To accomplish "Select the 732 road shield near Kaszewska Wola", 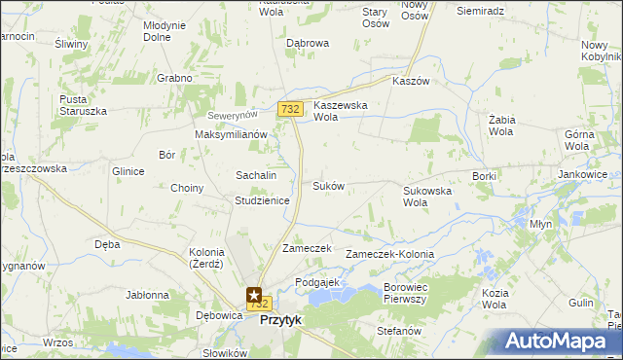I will point(289,110).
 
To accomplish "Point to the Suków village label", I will point(328,185).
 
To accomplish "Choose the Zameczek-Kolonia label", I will point(389,254).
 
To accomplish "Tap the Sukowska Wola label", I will point(427,198).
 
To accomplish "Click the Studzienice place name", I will point(262,200).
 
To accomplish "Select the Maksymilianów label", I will point(231,134).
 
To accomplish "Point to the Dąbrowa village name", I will point(308,44).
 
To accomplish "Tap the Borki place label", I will point(484,176).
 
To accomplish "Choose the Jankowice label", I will point(583,174).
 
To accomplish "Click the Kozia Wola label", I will point(495,299).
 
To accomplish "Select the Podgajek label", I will point(316,281).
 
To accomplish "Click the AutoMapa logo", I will point(557,342).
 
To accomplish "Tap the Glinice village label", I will point(128,171).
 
